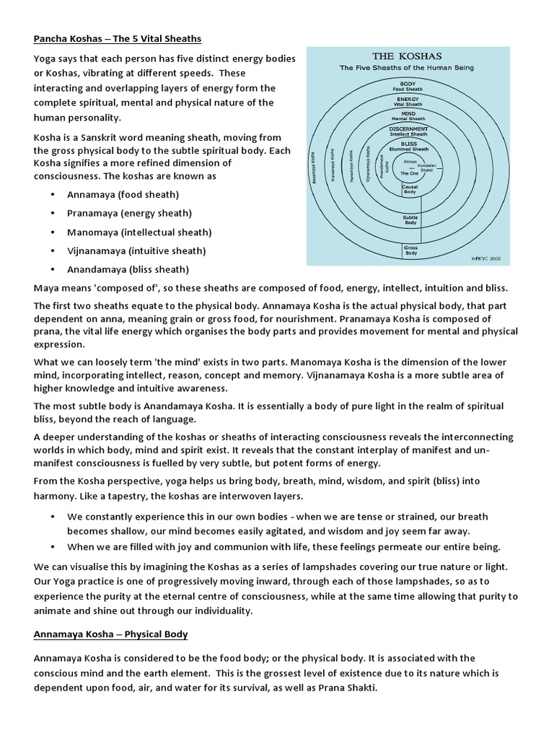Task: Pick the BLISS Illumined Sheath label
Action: tap(409, 147)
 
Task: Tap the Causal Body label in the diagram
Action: tap(410, 190)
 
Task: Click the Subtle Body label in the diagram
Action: tap(410, 220)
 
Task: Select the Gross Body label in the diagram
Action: tap(410, 251)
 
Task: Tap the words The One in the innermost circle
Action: tap(409, 173)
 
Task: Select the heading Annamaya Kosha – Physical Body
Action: tap(110, 634)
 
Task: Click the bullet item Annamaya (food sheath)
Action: tap(123, 195)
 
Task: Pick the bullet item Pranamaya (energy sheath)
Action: tap(129, 214)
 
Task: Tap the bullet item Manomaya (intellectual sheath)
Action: tap(139, 232)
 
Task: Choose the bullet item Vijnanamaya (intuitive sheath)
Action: tap(136, 251)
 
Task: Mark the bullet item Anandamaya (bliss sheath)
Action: tap(128, 270)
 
